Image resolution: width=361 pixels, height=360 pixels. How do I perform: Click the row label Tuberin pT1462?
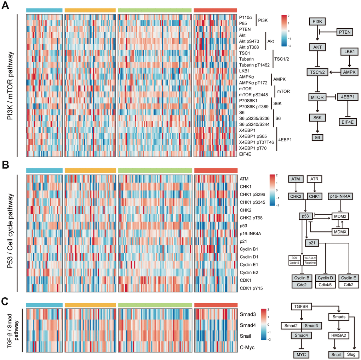point(254,65)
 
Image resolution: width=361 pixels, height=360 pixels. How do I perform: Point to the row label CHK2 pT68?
point(251,217)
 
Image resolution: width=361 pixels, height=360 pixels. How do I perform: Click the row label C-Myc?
point(247,347)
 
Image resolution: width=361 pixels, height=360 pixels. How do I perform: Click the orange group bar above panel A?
point(90,10)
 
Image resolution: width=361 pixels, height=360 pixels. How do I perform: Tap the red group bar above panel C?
point(216,305)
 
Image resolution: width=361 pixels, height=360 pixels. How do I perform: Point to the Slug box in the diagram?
point(352,354)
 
